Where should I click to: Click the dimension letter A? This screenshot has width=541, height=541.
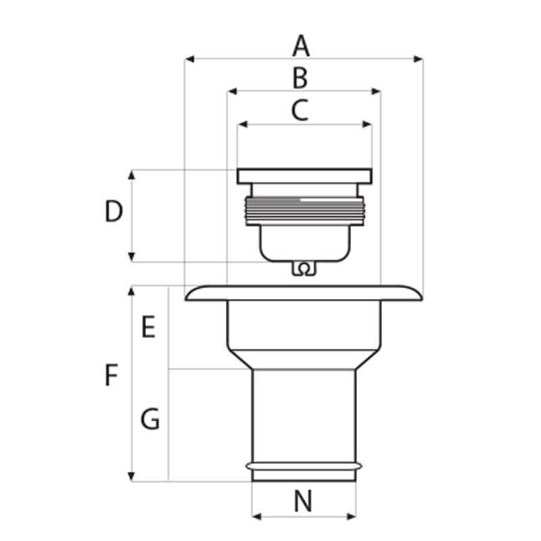coord(301,47)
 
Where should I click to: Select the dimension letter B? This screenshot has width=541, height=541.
coord(300,78)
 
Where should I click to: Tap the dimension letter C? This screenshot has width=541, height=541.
coord(300,110)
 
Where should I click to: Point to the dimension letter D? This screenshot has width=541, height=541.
coord(114,212)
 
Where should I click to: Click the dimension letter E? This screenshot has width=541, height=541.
coord(149,327)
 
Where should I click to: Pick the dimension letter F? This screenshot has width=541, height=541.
coord(112,375)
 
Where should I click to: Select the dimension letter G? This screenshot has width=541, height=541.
coord(150,420)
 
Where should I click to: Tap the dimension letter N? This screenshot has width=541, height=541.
coord(304,502)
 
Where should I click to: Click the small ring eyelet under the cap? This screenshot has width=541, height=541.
coord(304,269)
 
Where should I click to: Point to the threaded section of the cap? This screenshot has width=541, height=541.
coord(304,209)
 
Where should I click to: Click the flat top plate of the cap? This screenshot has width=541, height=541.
coord(304,176)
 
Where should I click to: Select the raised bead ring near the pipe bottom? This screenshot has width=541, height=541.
coord(304,466)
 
